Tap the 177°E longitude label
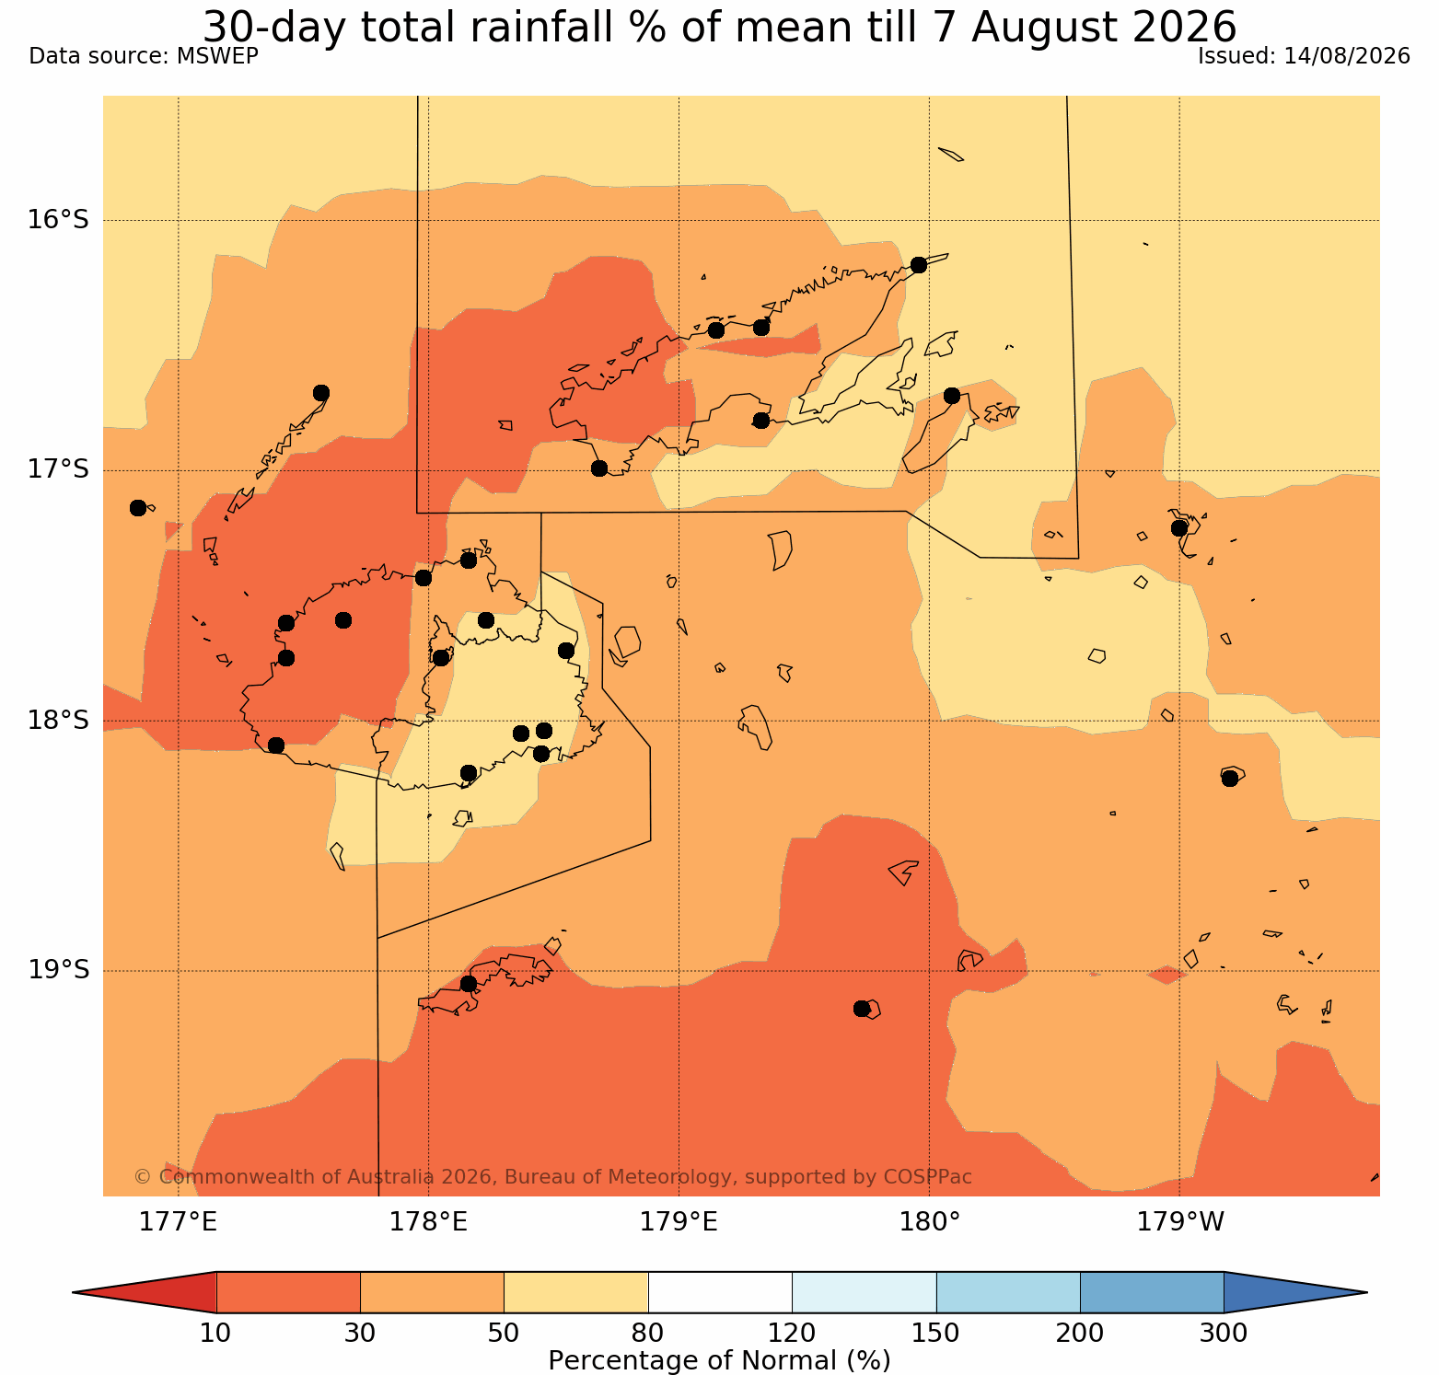[178, 1222]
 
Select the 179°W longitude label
[1180, 1222]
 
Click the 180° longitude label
[930, 1222]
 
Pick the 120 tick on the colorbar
[792, 1333]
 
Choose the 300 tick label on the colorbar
[1224, 1333]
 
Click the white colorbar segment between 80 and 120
[720, 1292]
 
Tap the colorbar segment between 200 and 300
[1152, 1292]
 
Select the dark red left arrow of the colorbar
[157, 1292]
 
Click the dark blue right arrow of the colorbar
[1289, 1292]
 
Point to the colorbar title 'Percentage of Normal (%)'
[719, 1360]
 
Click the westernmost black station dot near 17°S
[138, 508]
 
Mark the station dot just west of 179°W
[1179, 528]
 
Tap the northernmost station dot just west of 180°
[918, 265]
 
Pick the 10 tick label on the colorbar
[216, 1333]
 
